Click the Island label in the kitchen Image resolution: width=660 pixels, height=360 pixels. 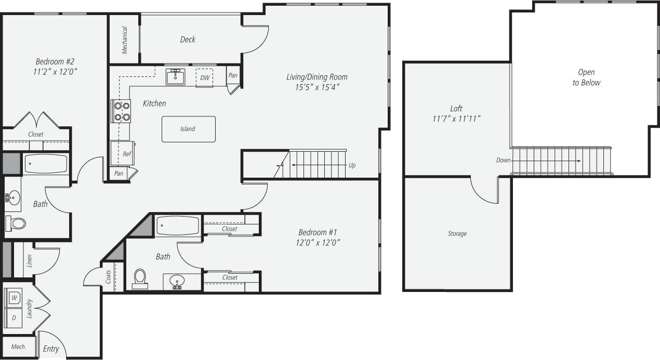point(188,129)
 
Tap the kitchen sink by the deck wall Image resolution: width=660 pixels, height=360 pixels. point(175,76)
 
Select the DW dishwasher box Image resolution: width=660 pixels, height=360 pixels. point(204,77)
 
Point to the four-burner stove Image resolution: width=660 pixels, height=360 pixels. point(121,111)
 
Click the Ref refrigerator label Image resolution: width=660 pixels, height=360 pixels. point(127,154)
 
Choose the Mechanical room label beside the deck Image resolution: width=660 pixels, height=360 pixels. point(125,40)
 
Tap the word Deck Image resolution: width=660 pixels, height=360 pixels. point(188,39)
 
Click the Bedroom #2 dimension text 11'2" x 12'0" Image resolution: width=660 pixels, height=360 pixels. point(57,71)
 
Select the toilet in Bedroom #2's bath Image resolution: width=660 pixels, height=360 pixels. point(16,223)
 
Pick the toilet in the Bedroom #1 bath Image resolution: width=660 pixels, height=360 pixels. point(140,278)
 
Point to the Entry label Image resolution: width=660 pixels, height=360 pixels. point(51,349)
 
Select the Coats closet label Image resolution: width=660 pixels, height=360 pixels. point(108,277)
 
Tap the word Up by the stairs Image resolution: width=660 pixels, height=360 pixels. point(352,165)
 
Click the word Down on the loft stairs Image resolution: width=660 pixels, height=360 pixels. point(503,161)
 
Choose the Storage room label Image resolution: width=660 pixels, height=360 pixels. point(457,234)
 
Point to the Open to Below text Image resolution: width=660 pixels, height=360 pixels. point(586,77)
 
